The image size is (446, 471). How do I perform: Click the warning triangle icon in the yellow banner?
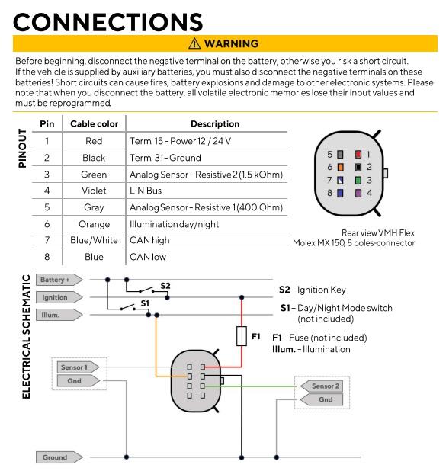(194, 43)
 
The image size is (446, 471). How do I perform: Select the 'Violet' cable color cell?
(94, 191)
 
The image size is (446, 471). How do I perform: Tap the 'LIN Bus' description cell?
(146, 191)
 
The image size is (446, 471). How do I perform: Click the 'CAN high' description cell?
(149, 240)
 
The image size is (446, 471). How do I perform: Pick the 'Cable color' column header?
(94, 123)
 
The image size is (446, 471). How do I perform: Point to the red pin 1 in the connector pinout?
(358, 155)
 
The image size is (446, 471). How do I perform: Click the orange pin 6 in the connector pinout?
(340, 167)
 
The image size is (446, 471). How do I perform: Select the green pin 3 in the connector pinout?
(358, 180)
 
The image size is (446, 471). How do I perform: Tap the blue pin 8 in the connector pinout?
(340, 193)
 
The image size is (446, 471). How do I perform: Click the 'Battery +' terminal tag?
(59, 280)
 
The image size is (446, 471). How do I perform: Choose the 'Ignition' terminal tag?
(59, 297)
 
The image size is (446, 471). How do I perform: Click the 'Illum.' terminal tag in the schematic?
(59, 315)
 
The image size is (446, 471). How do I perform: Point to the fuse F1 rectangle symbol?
(242, 336)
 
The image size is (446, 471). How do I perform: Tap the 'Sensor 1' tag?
(78, 367)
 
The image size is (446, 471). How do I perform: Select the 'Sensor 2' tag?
(322, 386)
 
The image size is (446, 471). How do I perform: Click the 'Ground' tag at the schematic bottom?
(59, 457)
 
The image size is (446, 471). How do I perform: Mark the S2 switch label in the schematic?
(165, 286)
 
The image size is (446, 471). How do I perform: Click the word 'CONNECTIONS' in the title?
(108, 22)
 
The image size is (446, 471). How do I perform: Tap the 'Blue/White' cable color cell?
(94, 240)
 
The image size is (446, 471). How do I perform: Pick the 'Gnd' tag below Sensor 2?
(322, 399)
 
